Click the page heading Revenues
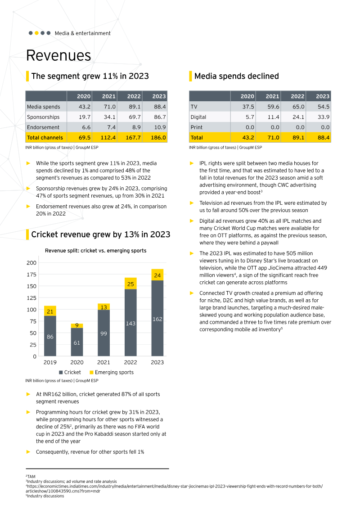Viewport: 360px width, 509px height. (x=58, y=55)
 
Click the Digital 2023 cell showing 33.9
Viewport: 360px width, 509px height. (x=323, y=117)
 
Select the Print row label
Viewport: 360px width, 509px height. (x=197, y=127)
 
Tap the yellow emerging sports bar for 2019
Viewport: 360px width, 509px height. (x=50, y=311)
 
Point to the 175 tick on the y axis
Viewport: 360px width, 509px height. (x=31, y=275)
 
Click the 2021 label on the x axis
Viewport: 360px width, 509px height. (x=103, y=362)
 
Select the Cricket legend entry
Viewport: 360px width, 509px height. (x=70, y=372)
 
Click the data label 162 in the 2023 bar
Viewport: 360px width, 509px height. (x=157, y=319)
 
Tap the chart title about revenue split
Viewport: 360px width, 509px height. (x=95, y=251)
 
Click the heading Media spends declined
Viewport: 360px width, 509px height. (x=236, y=76)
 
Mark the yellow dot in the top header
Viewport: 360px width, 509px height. (x=36, y=33)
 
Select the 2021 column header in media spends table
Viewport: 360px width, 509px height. (x=272, y=96)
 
